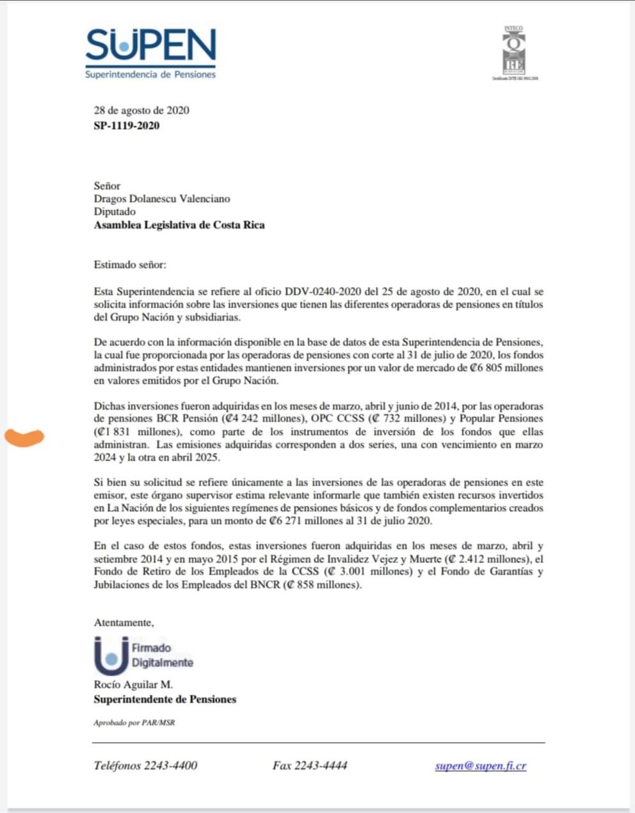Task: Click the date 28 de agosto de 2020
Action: [x=141, y=110]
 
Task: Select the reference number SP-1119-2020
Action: [x=127, y=125]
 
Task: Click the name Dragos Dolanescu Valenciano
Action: [x=162, y=199]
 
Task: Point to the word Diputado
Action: [x=115, y=212]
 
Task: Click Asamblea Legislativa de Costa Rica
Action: [x=179, y=225]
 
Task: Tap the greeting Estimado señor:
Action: [x=129, y=264]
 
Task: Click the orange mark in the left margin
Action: [x=24, y=437]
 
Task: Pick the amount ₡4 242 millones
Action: [x=261, y=419]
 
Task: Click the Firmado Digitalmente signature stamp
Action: [x=143, y=656]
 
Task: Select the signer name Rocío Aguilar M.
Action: [x=133, y=685]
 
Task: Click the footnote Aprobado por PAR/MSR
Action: [x=134, y=723]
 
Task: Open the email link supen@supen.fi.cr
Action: [x=480, y=766]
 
